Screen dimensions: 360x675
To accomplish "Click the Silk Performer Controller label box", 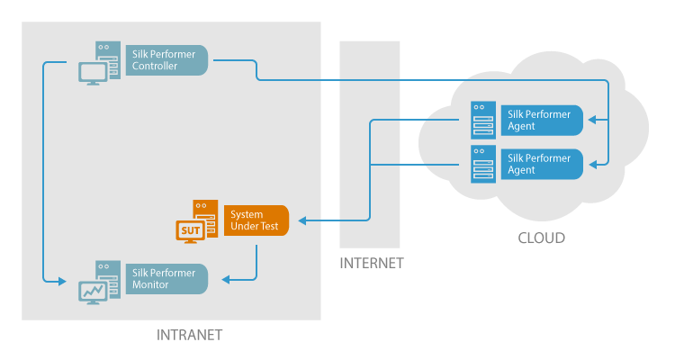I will (167, 60).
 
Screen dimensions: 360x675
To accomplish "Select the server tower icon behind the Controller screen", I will (108, 56).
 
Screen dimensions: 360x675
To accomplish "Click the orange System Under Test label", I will (256, 220).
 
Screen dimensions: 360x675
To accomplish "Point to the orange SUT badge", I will (191, 231).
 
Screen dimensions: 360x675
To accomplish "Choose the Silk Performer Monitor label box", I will (167, 278).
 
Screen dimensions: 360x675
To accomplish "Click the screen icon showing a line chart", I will (93, 291).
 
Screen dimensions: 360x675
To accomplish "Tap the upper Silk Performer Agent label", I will (541, 120).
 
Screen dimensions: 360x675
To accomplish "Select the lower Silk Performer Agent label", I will (541, 164).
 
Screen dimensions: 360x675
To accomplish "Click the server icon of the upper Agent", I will (483, 119).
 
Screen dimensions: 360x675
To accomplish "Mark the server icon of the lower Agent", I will (483, 163).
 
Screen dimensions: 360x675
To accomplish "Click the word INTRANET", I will (189, 335).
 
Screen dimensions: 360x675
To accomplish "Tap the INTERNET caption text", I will (371, 264).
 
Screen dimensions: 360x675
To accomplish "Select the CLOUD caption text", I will (541, 238).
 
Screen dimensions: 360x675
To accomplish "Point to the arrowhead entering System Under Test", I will (301, 220).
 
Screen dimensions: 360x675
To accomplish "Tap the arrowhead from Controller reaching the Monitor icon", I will (62, 282).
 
